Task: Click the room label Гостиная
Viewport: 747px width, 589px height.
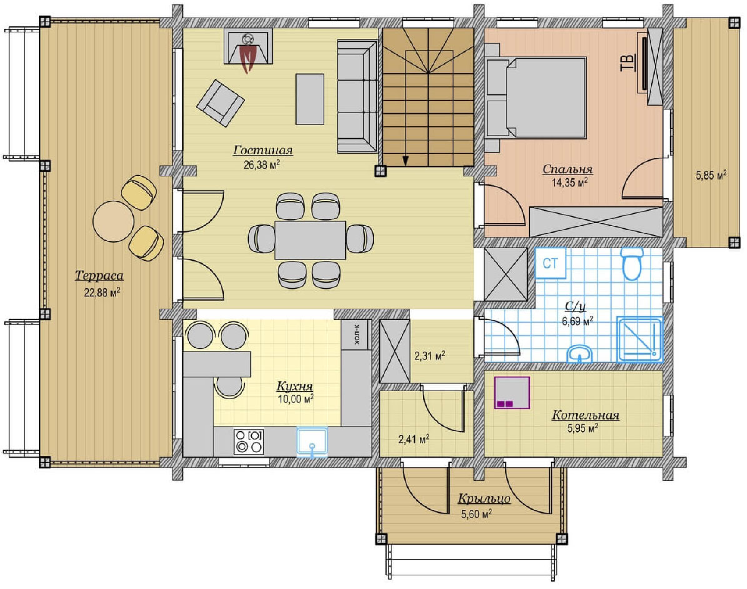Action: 263,151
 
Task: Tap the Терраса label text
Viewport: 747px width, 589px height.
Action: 99,276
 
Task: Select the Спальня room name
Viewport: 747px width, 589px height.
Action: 568,169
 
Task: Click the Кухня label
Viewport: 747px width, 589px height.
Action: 295,386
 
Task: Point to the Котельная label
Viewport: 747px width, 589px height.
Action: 586,415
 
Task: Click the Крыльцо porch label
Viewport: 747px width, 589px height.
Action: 484,499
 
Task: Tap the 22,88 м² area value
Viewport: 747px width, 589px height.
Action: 102,293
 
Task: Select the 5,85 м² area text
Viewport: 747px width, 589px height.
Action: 711,175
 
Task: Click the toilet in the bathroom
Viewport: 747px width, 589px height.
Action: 632,264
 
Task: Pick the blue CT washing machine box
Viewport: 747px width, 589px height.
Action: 551,263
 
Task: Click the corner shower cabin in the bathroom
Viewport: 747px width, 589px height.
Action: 640,340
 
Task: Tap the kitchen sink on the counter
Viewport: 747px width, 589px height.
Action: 312,442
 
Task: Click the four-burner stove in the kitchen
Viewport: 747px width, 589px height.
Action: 249,442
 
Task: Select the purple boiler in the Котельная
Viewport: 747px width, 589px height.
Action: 512,393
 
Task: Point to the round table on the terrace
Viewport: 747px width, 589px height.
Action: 114,221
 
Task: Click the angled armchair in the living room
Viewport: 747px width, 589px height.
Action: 221,104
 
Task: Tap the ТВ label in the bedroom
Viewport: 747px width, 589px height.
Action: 628,62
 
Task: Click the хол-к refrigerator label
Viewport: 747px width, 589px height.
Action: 356,334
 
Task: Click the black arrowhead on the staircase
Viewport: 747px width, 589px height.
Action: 406,161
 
